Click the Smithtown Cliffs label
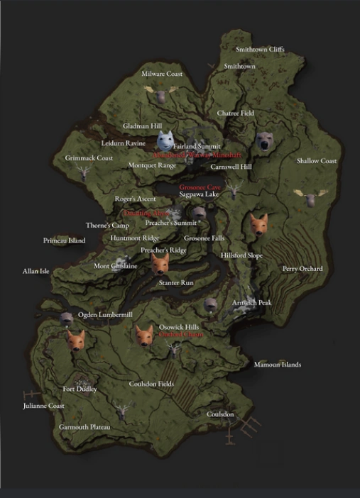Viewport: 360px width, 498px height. tap(260, 50)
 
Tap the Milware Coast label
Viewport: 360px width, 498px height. tap(162, 74)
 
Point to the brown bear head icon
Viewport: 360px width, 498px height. tap(265, 142)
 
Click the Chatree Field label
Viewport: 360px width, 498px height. tap(235, 114)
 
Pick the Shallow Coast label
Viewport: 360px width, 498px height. tap(316, 161)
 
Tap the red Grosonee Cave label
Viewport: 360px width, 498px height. tap(200, 187)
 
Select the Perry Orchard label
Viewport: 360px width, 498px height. tap(302, 269)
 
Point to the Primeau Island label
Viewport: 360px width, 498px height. tap(64, 240)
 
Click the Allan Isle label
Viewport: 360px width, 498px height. tap(36, 270)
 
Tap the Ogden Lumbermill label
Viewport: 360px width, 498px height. tap(105, 314)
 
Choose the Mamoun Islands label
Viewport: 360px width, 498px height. tap(277, 365)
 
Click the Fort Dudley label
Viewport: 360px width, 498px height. tap(80, 389)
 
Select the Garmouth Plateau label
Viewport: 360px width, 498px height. tap(84, 428)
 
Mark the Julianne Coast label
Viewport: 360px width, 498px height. tap(43, 406)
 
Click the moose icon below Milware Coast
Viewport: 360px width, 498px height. tap(160, 92)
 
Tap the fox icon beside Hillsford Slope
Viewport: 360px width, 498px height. tap(258, 224)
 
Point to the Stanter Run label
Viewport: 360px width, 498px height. tap(175, 282)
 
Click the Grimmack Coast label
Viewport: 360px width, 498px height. tap(89, 158)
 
